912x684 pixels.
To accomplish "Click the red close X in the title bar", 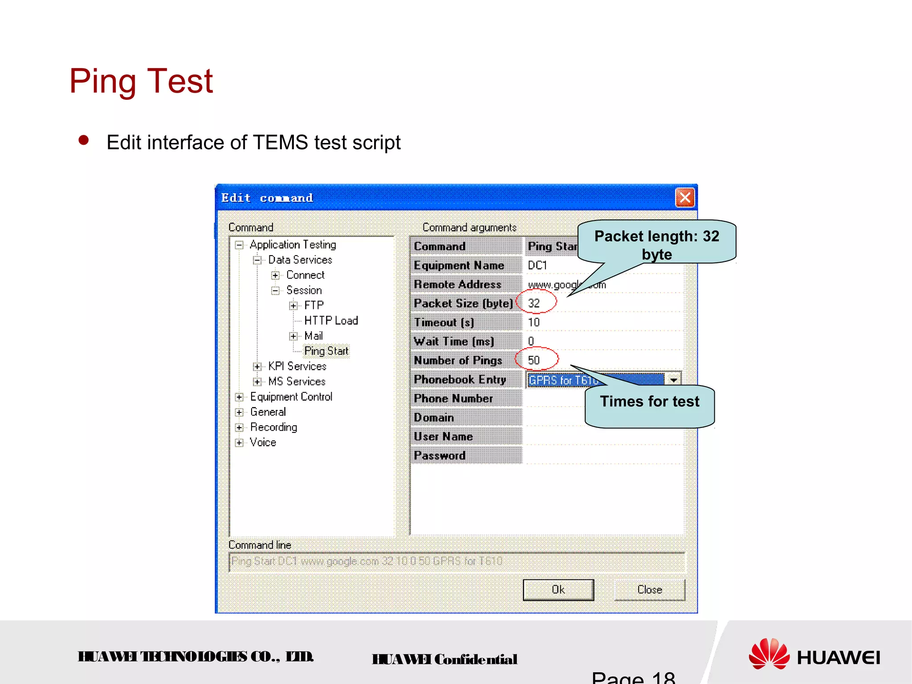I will [685, 197].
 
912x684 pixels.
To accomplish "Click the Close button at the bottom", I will [649, 590].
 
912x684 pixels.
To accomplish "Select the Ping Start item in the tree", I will [326, 351].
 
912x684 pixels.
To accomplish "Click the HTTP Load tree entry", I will [331, 321].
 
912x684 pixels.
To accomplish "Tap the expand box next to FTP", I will [293, 305].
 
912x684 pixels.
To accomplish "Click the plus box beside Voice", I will [240, 443].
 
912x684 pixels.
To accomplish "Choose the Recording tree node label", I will [273, 427].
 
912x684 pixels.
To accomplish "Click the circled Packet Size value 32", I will [534, 303].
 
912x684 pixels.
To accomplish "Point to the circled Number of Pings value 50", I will [534, 360].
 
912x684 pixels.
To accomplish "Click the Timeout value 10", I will [534, 322].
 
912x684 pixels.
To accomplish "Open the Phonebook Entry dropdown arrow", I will [673, 380].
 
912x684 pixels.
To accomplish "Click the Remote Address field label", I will [457, 284].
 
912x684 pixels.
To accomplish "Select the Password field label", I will [440, 456].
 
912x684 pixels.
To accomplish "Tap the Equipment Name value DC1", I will [537, 265].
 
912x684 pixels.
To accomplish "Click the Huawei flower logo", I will [769, 654].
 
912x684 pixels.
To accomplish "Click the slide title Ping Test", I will [141, 81].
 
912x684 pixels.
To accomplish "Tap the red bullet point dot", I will [83, 141].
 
